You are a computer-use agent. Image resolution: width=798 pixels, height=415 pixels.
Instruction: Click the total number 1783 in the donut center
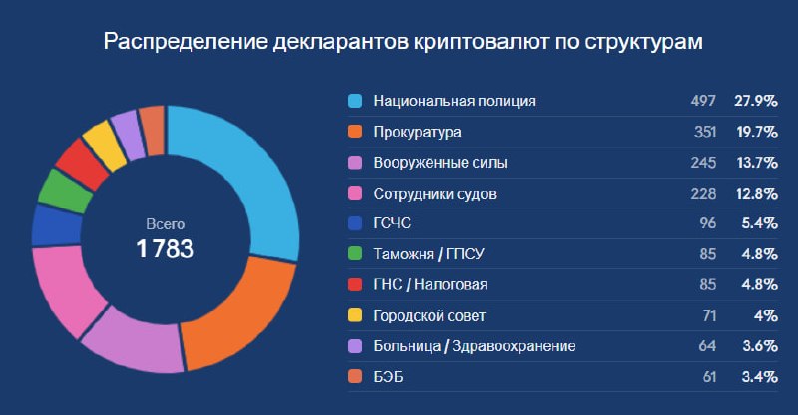click(x=165, y=248)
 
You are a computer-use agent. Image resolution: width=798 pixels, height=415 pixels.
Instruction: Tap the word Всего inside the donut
click(x=165, y=224)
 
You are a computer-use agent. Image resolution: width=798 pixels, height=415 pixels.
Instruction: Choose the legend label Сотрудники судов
click(x=434, y=193)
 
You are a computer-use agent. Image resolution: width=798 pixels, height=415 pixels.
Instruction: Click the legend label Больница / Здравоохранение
click(x=474, y=346)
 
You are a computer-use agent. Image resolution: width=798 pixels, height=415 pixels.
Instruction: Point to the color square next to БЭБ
click(x=354, y=377)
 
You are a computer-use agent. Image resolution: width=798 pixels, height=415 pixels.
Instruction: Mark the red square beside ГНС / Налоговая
click(x=354, y=285)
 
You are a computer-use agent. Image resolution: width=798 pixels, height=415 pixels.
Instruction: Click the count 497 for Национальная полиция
click(x=702, y=101)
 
